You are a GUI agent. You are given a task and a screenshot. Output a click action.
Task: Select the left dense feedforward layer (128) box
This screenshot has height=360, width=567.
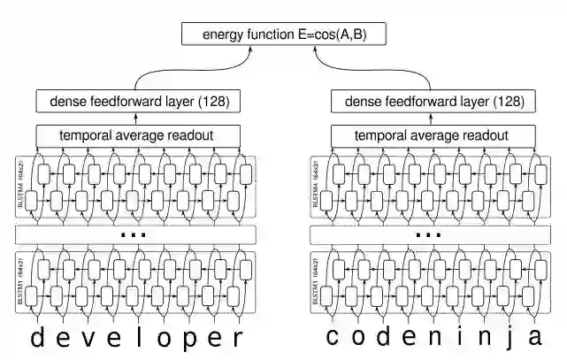138,101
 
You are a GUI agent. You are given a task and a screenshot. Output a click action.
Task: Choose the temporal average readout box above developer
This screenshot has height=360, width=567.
138,136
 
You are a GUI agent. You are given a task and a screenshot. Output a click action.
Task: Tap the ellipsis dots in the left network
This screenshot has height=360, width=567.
134,235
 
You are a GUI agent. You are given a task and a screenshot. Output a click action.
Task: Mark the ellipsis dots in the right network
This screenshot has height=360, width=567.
428,235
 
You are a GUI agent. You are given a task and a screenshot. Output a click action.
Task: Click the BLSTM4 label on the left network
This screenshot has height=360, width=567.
20,188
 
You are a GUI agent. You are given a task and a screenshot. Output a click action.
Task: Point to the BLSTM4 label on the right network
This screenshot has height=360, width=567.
316,188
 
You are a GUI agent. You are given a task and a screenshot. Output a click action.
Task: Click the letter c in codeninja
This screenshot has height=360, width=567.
333,337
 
